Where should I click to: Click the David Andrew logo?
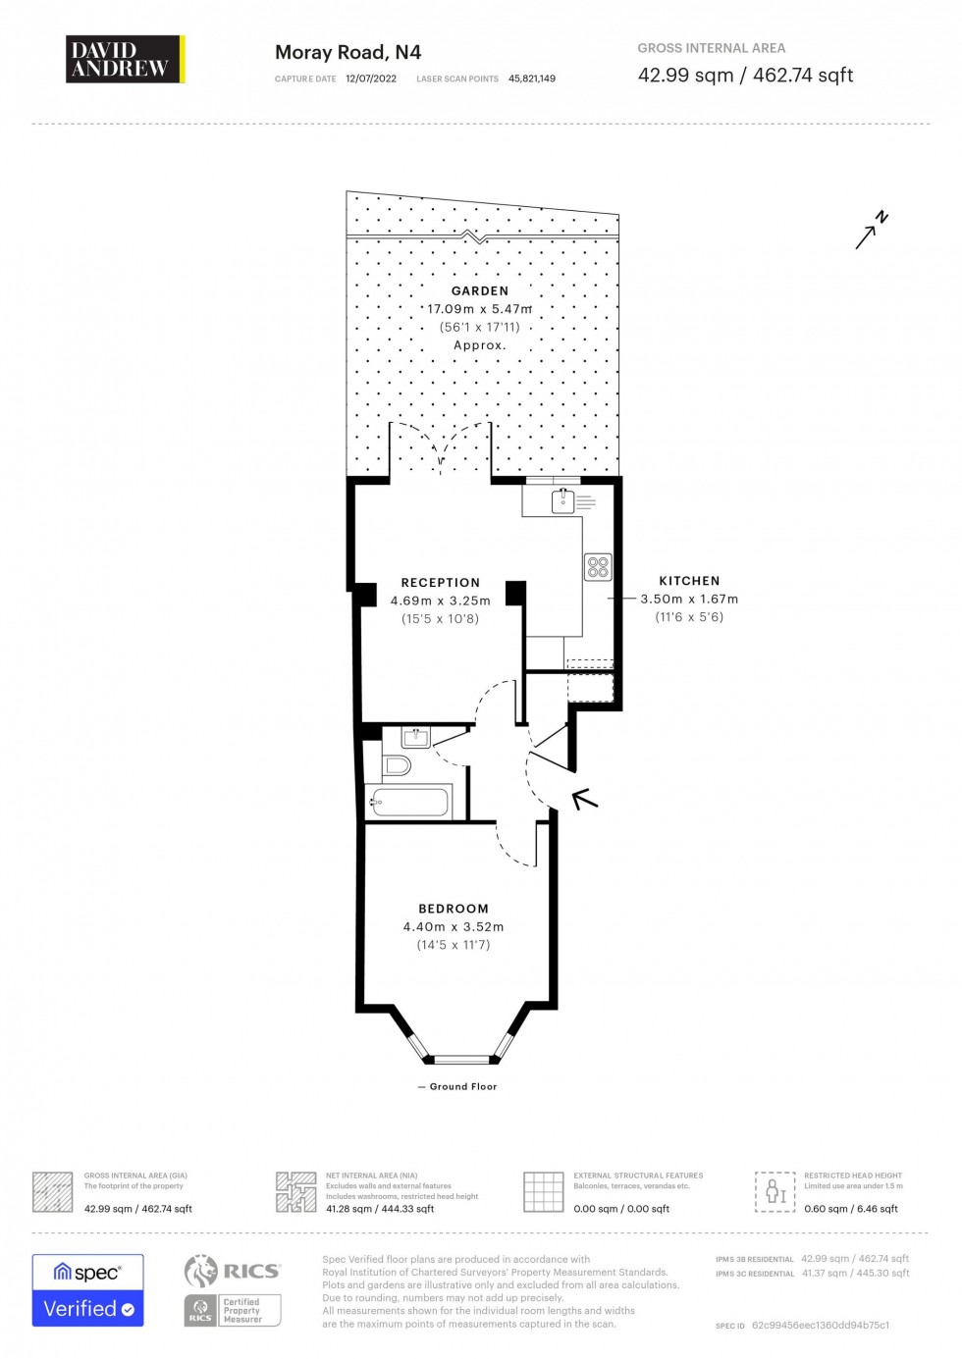[x=125, y=59]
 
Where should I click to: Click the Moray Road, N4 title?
[x=347, y=53]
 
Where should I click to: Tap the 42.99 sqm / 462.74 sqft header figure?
[x=745, y=76]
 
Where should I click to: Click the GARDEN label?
[x=480, y=291]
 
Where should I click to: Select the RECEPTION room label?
[x=440, y=583]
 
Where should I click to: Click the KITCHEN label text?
[x=689, y=581]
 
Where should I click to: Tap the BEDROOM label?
[x=453, y=909]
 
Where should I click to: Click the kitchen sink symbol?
[x=562, y=501]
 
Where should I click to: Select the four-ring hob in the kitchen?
[x=598, y=566]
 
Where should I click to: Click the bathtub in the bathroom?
[x=408, y=803]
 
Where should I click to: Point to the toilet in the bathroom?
[x=396, y=764]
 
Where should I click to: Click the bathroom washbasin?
[x=416, y=737]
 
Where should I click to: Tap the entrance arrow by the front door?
[x=585, y=799]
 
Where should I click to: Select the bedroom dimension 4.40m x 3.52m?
[x=453, y=927]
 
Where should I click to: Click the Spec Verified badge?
[x=87, y=1290]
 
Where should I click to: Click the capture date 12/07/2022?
[x=371, y=78]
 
